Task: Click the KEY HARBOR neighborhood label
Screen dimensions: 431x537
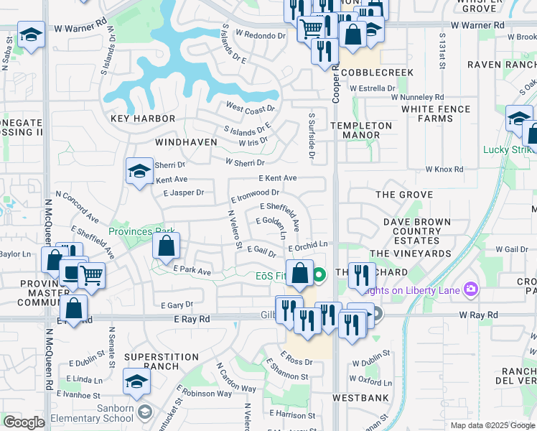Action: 143,118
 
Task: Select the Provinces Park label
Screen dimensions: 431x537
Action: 142,231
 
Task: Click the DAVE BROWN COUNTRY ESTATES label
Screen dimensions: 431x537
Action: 416,231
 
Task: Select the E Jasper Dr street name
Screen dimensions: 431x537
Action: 184,193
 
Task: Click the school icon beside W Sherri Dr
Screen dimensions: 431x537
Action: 139,171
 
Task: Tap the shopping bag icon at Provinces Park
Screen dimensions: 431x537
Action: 166,246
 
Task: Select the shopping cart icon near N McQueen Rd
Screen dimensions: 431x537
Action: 91,274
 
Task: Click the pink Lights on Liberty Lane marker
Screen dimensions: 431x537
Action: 471,289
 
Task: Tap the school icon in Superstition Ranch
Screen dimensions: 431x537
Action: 136,381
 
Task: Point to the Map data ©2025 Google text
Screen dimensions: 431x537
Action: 492,425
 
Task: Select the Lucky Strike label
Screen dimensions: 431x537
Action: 509,149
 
